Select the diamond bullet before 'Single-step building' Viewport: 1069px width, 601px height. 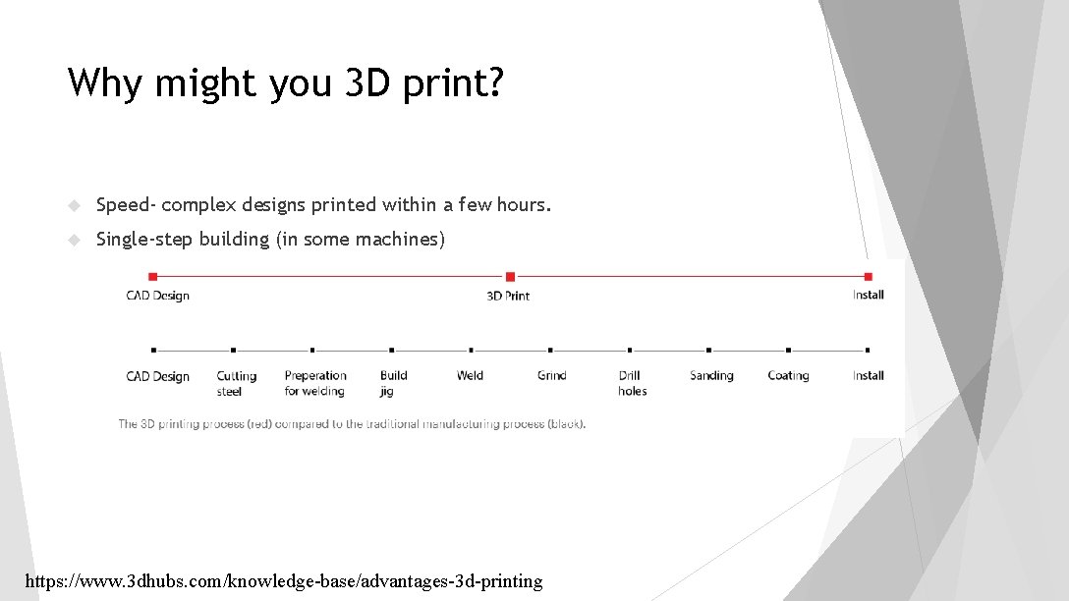(x=74, y=240)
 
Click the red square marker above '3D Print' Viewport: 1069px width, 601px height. (x=509, y=277)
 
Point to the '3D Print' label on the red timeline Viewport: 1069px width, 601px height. (x=508, y=296)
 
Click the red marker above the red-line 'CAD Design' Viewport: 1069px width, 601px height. (x=152, y=277)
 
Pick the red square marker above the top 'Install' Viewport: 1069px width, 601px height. (x=868, y=277)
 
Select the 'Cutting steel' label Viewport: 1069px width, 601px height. (x=236, y=383)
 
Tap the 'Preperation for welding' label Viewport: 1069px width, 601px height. (x=314, y=383)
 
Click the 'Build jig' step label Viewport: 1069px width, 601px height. (x=393, y=383)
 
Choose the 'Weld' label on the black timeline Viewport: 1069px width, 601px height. (x=470, y=375)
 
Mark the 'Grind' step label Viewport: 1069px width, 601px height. (x=551, y=375)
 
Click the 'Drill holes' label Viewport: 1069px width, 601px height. (x=632, y=383)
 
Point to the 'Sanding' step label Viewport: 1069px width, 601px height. (x=710, y=375)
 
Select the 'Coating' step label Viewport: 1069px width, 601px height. (x=788, y=375)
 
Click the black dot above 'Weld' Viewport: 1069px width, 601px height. (x=471, y=350)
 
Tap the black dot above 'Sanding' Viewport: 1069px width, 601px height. (x=708, y=350)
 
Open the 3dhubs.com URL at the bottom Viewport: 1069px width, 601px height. (x=283, y=581)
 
